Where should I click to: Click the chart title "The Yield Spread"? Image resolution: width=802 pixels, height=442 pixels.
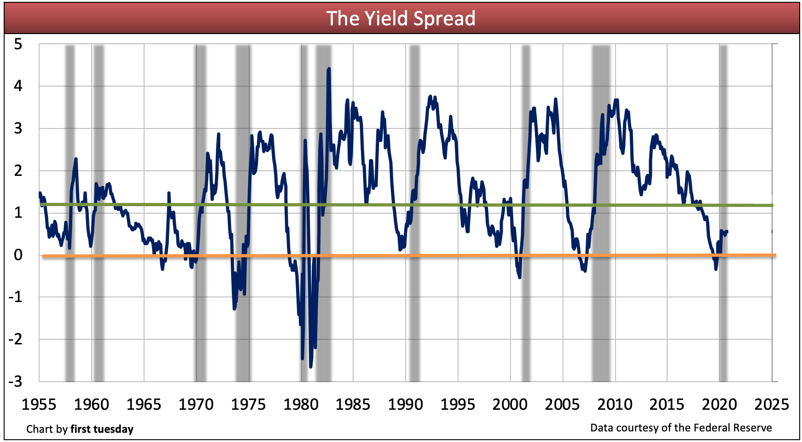(x=401, y=19)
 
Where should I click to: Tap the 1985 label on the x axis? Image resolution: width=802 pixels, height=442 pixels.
(x=353, y=405)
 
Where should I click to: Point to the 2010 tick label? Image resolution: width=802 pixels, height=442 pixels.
(x=615, y=405)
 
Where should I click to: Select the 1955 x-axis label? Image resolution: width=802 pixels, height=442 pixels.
(x=39, y=405)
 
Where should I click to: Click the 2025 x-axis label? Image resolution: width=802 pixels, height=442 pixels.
(x=772, y=405)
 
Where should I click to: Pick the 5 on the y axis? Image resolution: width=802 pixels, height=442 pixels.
(x=18, y=45)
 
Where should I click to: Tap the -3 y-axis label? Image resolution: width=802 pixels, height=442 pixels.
(x=15, y=382)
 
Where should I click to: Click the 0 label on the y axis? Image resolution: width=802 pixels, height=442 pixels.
(x=18, y=255)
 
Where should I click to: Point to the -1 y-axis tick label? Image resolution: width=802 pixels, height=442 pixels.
(x=15, y=297)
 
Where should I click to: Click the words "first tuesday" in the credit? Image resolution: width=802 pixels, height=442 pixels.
(x=102, y=429)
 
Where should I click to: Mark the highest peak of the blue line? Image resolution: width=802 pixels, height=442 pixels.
(x=329, y=69)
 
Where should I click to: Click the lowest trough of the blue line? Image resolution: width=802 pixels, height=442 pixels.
(x=311, y=366)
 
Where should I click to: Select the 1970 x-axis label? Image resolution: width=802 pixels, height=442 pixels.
(x=196, y=405)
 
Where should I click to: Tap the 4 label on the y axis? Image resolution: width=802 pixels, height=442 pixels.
(x=18, y=86)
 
